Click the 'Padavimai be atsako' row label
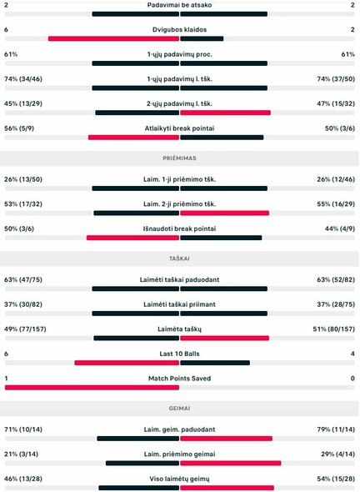click(179, 5)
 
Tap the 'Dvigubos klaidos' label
click(179, 29)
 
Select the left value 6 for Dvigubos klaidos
click(7, 29)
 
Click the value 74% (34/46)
click(24, 78)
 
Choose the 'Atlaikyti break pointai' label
click(179, 128)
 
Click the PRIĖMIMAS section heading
click(179, 157)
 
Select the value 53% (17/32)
click(24, 203)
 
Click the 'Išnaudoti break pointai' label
click(179, 228)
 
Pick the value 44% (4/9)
click(338, 228)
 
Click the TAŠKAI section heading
click(179, 257)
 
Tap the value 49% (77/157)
click(26, 329)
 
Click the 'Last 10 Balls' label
click(179, 354)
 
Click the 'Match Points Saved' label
click(179, 378)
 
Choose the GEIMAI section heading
click(179, 407)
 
